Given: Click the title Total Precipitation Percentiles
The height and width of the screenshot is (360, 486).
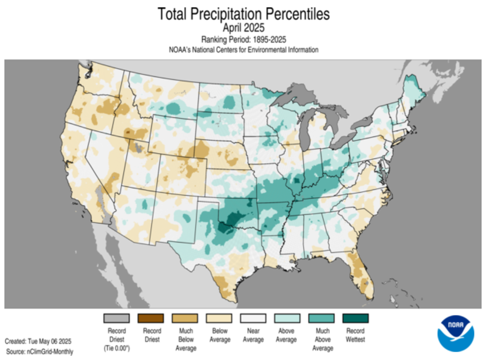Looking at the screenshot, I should pyautogui.click(x=243, y=14).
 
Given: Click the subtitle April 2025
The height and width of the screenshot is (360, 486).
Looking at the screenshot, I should pyautogui.click(x=243, y=27).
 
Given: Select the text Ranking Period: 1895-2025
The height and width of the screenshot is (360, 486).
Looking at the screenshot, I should pyautogui.click(x=243, y=39).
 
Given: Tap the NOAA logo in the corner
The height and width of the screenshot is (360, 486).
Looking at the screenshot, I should pyautogui.click(x=455, y=334).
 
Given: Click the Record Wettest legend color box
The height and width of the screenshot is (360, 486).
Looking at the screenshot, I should pyautogui.click(x=355, y=318).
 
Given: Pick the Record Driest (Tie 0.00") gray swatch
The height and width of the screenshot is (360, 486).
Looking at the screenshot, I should pyautogui.click(x=117, y=318).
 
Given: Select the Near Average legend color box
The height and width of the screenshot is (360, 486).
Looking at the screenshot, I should pyautogui.click(x=253, y=318).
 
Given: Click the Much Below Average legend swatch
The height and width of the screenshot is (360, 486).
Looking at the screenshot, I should pyautogui.click(x=185, y=318).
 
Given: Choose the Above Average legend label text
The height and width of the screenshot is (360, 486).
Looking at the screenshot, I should pyautogui.click(x=287, y=335).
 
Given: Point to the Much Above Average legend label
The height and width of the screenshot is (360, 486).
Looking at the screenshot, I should pyautogui.click(x=321, y=339).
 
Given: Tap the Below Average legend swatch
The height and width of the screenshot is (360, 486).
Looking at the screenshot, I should pyautogui.click(x=219, y=318).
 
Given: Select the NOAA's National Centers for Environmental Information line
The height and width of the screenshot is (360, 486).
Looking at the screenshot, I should pyautogui.click(x=243, y=50).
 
